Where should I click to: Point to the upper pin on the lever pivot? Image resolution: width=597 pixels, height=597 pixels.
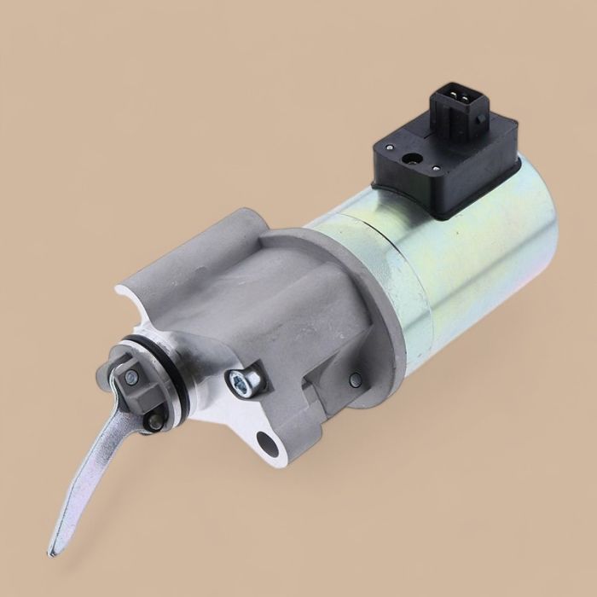130,376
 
